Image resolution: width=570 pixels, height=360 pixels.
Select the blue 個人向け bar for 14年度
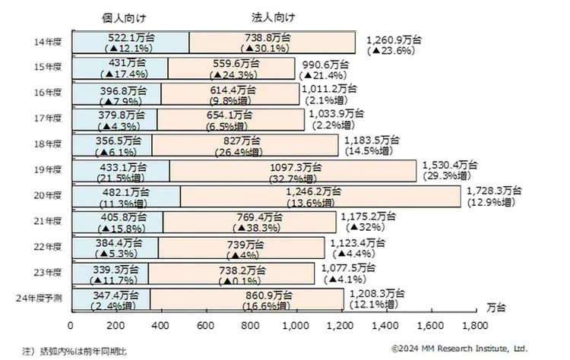pos(130,43)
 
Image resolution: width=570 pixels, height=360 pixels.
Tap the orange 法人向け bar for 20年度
pos(319,197)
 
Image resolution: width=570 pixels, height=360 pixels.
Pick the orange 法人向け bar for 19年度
pos(293,170)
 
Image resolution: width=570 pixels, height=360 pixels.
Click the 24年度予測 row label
pos(40,298)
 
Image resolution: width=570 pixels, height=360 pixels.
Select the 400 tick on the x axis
pos(161,325)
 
